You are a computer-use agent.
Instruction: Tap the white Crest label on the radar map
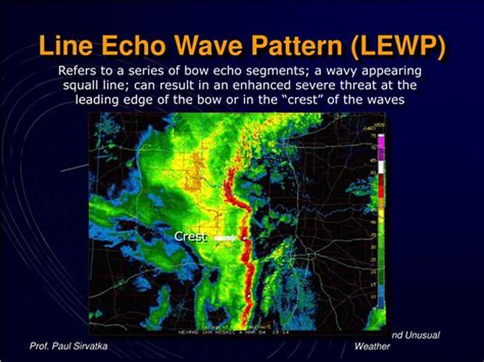[191, 237]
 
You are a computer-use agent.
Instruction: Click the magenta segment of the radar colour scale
[381, 140]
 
